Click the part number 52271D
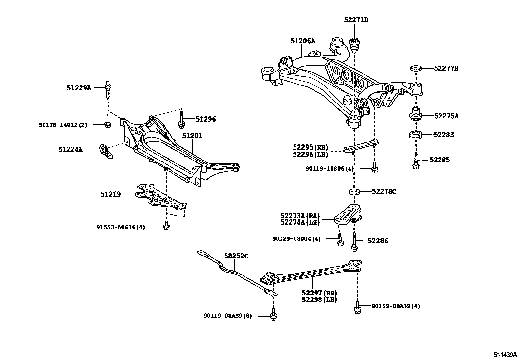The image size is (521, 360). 356,20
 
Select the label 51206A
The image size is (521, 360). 303,41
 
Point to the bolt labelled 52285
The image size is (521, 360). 416,161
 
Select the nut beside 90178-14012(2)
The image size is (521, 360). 107,124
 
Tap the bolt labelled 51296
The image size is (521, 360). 181,120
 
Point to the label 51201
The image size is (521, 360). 192,136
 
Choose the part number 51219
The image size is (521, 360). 111,194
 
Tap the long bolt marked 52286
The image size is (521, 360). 354,242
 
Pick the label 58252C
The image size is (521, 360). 236,256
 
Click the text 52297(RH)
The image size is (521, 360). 319,293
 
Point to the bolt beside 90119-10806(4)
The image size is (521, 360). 375,167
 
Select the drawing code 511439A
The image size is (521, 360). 506,355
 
